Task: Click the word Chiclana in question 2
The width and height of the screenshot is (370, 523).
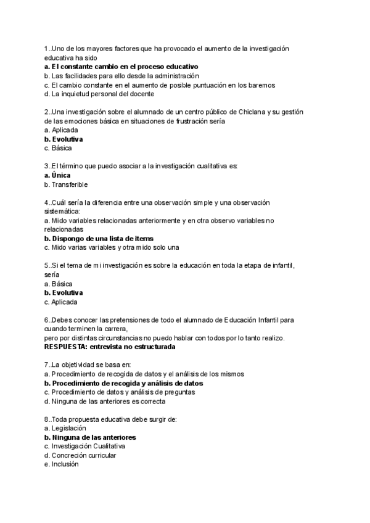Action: tap(237, 112)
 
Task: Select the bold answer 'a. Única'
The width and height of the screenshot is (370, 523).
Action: tap(57, 175)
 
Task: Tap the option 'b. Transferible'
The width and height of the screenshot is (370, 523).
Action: tap(66, 184)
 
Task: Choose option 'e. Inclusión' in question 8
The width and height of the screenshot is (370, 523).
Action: tap(62, 464)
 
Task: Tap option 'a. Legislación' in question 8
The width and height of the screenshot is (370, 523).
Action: tap(65, 428)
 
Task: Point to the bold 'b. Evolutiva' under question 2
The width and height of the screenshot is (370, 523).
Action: tap(64, 139)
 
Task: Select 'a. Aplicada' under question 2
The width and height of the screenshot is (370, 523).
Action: tap(61, 130)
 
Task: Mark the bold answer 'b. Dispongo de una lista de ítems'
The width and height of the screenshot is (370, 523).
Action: tap(99, 238)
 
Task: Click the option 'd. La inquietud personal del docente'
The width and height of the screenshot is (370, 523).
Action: tap(99, 94)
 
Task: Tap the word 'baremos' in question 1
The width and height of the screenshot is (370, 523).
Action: tap(261, 84)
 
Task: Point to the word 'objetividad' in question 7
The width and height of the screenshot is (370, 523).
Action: tap(84, 364)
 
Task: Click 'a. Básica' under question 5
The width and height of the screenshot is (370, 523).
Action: tap(59, 283)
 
